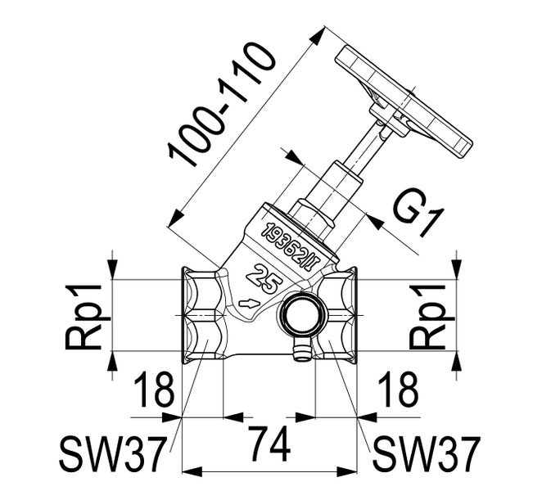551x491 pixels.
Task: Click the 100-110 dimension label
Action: [x=221, y=106]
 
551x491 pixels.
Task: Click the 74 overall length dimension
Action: [x=269, y=444]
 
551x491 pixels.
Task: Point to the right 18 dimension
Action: [x=398, y=390]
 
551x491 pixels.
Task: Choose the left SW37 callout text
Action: [x=112, y=454]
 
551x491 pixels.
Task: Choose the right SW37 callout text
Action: [x=426, y=454]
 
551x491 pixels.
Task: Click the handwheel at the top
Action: [x=404, y=101]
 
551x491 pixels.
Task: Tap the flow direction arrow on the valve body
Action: [x=249, y=304]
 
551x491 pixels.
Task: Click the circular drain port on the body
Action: [x=298, y=314]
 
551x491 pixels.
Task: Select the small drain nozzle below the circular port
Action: [x=302, y=349]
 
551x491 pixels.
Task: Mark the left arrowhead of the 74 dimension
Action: [x=192, y=471]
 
